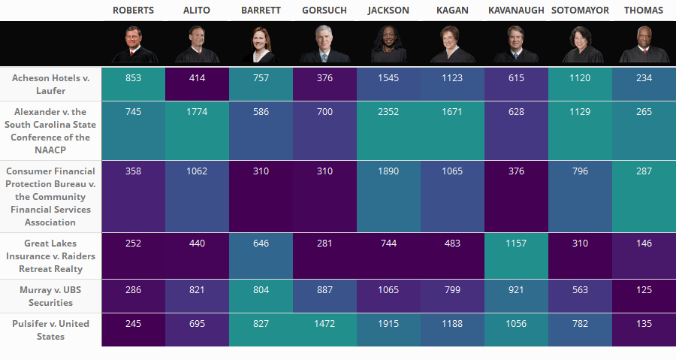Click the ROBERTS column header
pos(133,11)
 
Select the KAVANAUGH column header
pos(516,11)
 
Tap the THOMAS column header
pos(644,11)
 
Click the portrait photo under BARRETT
pos(261,45)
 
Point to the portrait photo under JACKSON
pos(388,45)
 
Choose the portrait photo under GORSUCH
pos(324,45)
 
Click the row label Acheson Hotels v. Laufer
pos(50,84)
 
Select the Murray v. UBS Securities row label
pos(50,296)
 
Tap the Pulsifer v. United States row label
pos(50,330)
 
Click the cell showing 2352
pos(388,112)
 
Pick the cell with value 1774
pos(197,112)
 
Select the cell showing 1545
pos(388,78)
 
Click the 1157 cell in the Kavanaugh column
pos(516,244)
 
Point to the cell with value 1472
pos(324,324)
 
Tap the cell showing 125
pos(644,290)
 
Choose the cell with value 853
pos(133,78)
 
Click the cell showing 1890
pos(388,171)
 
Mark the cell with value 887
pos(324,290)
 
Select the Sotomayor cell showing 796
pos(580,171)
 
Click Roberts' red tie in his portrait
pos(134,54)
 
